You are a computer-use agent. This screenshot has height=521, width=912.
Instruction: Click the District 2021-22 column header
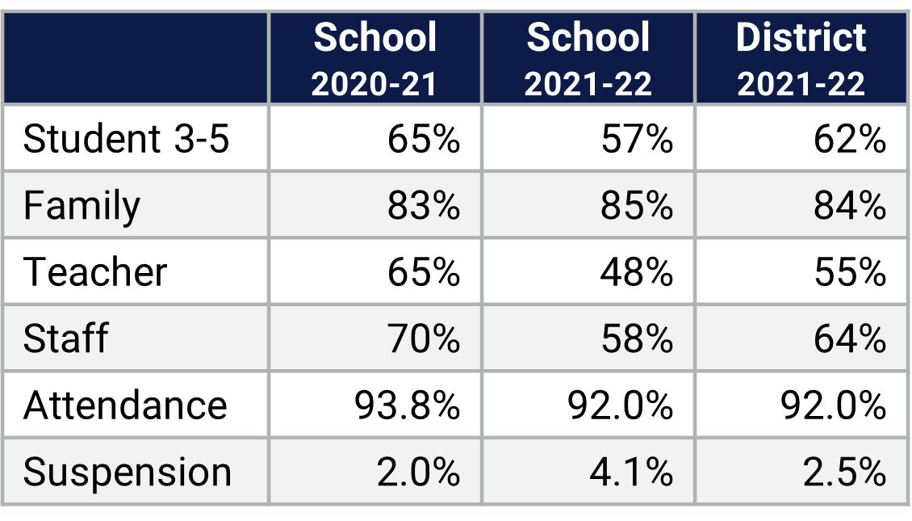(801, 60)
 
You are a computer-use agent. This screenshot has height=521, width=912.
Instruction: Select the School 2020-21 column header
(375, 60)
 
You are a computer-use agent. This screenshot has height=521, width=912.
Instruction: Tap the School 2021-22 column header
(588, 60)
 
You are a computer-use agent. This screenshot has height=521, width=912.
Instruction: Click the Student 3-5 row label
(127, 140)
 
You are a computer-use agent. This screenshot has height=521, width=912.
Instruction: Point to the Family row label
(82, 206)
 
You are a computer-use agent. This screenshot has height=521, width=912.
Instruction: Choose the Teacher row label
(95, 272)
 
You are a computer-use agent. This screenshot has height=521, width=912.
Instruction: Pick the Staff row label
(65, 338)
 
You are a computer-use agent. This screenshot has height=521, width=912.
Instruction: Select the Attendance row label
(125, 405)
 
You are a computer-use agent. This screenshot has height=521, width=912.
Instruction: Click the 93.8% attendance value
(408, 405)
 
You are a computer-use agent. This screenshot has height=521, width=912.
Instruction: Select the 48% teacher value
(637, 272)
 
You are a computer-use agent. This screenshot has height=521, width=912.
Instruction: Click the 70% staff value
(424, 338)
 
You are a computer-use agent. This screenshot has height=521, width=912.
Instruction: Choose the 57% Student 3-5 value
(637, 140)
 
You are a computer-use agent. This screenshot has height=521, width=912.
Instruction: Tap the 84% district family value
(850, 206)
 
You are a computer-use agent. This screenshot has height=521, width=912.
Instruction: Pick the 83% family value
(424, 206)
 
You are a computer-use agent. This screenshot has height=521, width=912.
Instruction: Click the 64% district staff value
(850, 338)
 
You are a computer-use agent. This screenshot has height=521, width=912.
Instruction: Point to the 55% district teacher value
(850, 272)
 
